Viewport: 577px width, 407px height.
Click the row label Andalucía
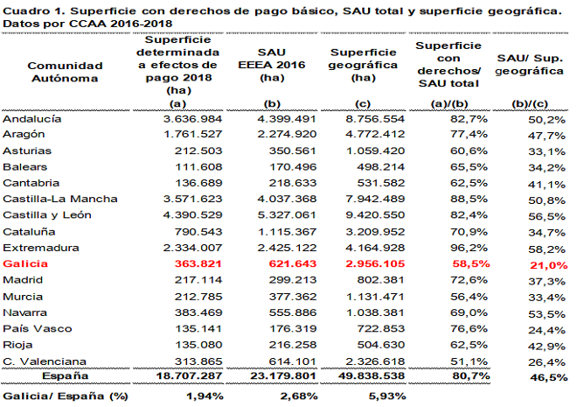(x=32, y=119)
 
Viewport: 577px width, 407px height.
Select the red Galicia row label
(x=25, y=263)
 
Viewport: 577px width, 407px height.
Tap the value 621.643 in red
(x=293, y=263)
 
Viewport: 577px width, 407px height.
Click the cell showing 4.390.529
(x=193, y=215)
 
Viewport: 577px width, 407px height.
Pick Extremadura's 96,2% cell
(x=469, y=248)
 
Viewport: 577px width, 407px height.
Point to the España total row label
(x=66, y=376)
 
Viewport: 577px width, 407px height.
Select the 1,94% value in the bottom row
(x=205, y=396)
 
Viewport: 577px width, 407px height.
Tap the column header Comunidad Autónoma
(x=65, y=72)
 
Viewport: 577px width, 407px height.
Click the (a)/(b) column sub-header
(x=449, y=104)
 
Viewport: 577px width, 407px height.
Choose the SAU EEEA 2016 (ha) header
(x=272, y=65)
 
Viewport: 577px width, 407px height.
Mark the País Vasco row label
(x=38, y=328)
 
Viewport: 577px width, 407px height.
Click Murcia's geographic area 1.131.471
(x=375, y=297)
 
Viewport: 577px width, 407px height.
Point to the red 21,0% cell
(x=549, y=265)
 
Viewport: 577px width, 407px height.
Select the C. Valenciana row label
(x=45, y=361)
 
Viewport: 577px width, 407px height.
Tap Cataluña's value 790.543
(x=198, y=232)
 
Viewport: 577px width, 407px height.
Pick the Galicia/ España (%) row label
(x=66, y=396)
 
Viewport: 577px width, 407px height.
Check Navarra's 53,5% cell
(x=546, y=314)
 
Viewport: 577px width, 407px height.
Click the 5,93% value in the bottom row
(x=387, y=396)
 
